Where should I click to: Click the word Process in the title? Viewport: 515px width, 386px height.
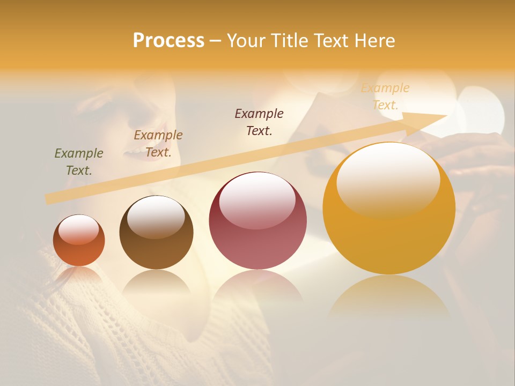pyautogui.click(x=168, y=41)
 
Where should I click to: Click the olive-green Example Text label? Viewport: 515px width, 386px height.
pyautogui.click(x=79, y=161)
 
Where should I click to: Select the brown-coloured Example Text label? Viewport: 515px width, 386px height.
pyautogui.click(x=158, y=143)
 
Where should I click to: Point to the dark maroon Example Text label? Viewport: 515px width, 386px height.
pyautogui.click(x=259, y=122)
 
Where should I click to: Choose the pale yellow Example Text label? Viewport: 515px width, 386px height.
pyautogui.click(x=385, y=96)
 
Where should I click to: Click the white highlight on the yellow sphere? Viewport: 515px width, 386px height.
pyautogui.click(x=388, y=181)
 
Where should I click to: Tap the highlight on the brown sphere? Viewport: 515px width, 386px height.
pyautogui.click(x=156, y=217)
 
